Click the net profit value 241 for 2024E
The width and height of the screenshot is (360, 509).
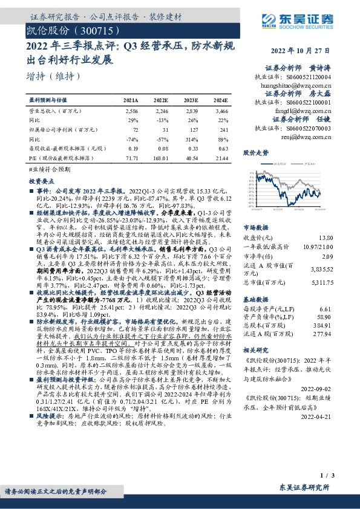pyautogui.click(x=223, y=130)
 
